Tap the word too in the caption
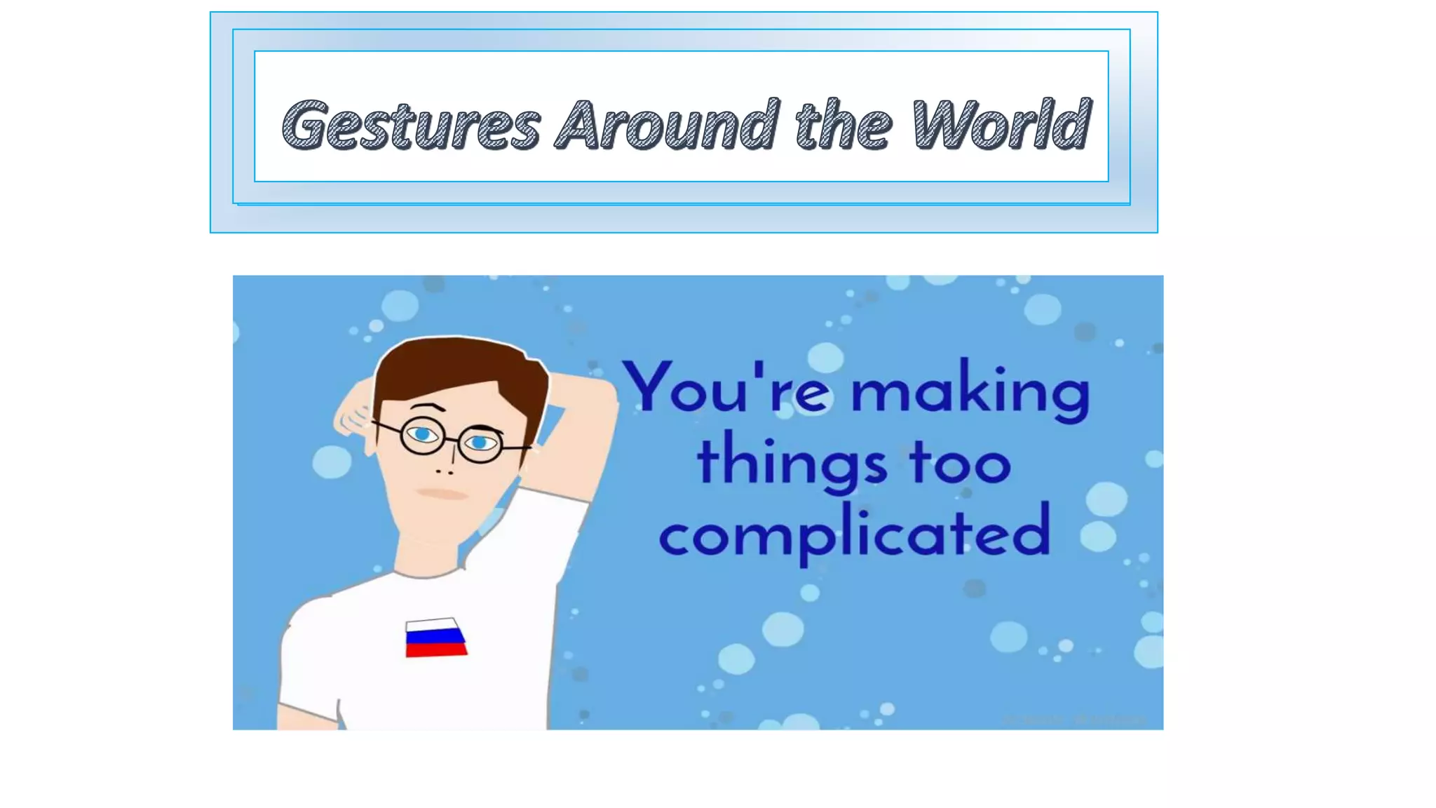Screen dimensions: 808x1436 [960, 463]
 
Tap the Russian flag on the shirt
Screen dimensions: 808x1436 [435, 637]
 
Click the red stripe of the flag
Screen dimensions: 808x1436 [436, 650]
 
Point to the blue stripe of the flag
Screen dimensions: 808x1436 [435, 637]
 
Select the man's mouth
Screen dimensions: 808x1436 [442, 494]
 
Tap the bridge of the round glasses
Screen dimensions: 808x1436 [451, 440]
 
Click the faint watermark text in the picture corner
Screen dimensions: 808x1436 [1073, 720]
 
